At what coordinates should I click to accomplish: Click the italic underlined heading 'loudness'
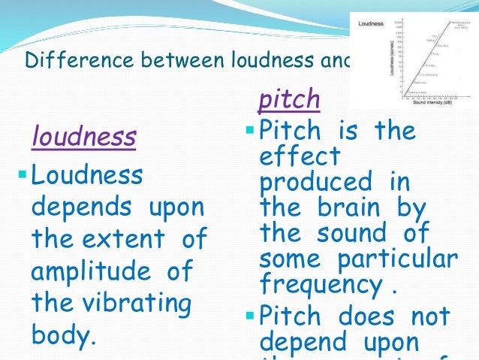[83, 137]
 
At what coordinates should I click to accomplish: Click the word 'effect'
[300, 156]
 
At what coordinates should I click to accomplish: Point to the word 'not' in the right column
[429, 315]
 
